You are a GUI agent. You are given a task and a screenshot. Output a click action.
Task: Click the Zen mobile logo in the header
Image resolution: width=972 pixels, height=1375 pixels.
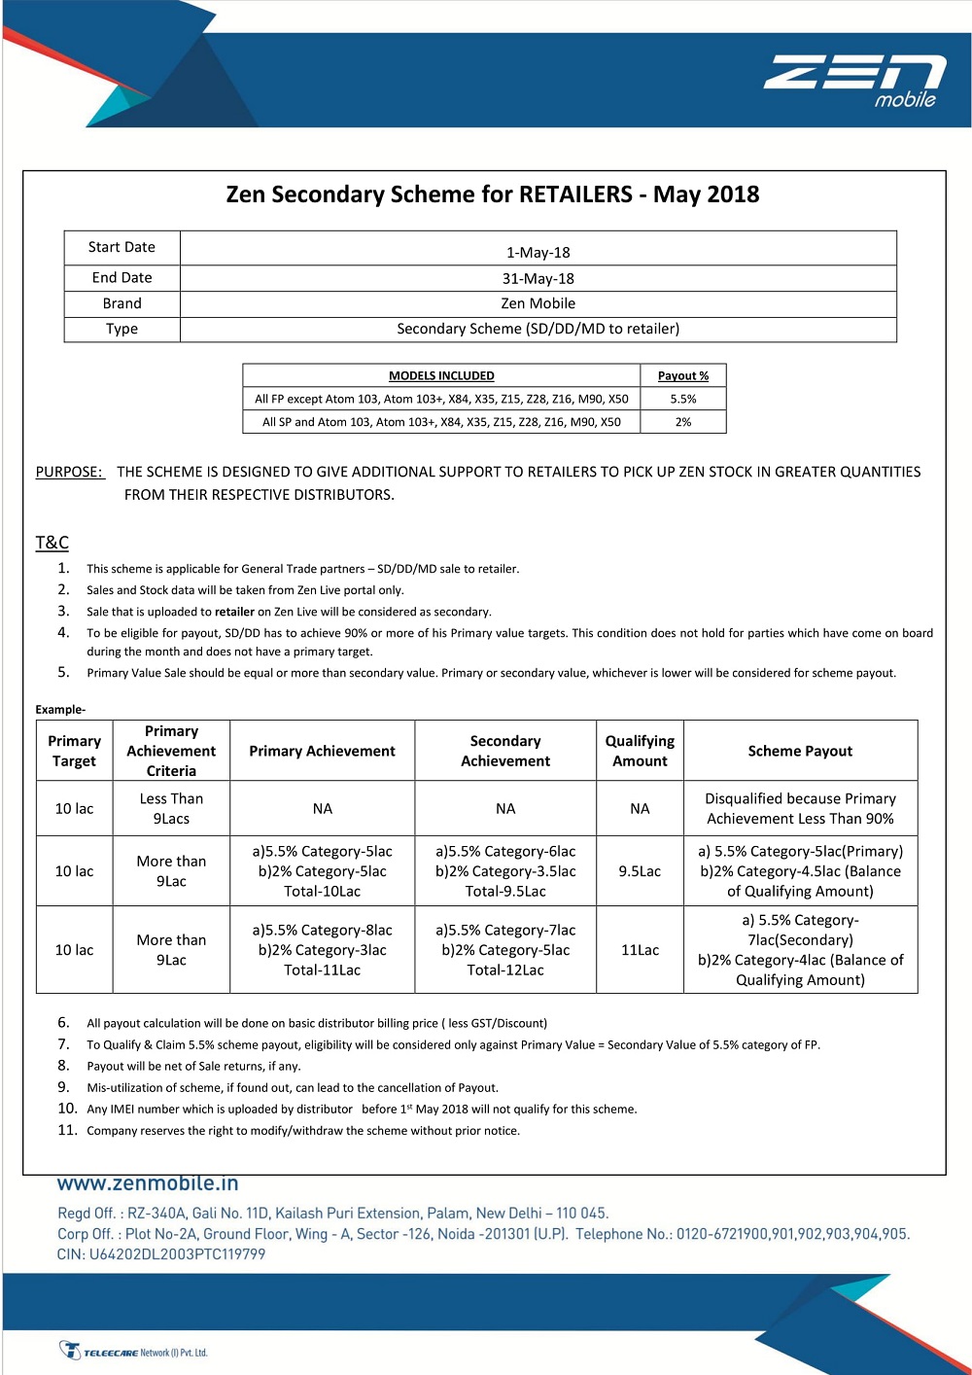coord(854,81)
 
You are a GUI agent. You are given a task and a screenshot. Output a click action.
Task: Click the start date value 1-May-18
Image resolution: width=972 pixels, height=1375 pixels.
coord(538,253)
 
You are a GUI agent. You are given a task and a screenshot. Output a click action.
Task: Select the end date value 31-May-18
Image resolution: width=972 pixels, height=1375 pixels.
coord(538,278)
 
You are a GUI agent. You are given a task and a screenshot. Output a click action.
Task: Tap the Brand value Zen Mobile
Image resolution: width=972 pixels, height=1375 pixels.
coord(538,303)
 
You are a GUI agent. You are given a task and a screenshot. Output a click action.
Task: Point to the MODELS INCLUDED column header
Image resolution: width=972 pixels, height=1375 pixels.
coord(441,376)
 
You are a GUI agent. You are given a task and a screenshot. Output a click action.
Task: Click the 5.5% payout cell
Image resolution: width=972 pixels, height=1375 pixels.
coord(682,399)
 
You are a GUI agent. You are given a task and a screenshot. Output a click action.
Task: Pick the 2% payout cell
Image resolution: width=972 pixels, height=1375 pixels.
coord(682,422)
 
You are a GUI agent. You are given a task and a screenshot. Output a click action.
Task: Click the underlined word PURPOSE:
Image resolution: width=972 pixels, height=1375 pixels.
coord(69,472)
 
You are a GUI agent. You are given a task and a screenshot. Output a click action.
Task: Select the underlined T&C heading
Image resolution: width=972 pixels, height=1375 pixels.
coord(52,543)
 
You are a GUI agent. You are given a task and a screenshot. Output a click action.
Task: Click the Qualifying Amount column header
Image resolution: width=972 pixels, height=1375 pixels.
coord(640,751)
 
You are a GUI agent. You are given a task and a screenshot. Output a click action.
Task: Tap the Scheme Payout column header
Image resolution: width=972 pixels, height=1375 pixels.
coord(800,751)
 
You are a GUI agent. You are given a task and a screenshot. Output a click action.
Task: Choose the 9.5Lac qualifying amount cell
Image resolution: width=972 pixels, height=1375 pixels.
coord(640,871)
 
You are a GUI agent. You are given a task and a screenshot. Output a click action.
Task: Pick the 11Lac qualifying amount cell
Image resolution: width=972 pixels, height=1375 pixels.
coord(640,950)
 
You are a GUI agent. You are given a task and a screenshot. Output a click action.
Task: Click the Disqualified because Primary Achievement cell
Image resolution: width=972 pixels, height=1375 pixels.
coord(800,808)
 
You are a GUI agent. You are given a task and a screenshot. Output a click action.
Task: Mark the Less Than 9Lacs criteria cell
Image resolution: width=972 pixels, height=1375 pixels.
coord(171,808)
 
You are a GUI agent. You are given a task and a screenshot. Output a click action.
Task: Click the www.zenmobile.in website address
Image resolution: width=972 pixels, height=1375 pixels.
coord(148,1183)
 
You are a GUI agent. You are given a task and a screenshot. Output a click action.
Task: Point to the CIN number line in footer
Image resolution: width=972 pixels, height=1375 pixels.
coord(161,1254)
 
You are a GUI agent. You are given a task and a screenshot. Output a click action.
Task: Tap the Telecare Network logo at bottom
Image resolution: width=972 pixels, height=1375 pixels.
coord(134,1352)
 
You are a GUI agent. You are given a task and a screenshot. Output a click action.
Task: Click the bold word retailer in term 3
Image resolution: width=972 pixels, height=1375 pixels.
coord(234,612)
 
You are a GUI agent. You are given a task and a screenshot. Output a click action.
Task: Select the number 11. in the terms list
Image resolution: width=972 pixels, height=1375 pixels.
coord(67,1130)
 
